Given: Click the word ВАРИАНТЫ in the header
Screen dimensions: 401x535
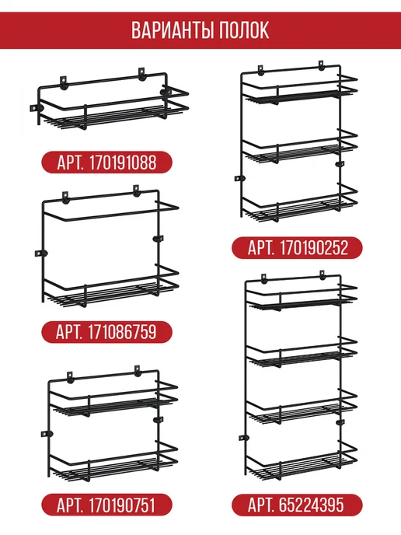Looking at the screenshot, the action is pos(173,30).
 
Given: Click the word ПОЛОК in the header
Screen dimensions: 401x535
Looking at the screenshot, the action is pos(244,30).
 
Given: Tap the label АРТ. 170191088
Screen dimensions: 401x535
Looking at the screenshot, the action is pos(106,163).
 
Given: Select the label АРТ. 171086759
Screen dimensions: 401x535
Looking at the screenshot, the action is pos(106,332).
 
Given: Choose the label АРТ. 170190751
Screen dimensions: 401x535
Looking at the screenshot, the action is pos(106,505).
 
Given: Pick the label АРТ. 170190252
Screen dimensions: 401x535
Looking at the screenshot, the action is pos(297,248).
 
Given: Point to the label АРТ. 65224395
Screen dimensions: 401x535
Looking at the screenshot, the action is pos(297,505).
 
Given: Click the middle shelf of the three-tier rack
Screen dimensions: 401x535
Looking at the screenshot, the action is pos(300,147).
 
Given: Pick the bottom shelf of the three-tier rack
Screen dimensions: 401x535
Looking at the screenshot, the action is pos(300,204).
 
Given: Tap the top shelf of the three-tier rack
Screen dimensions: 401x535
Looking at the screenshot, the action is pos(300,89).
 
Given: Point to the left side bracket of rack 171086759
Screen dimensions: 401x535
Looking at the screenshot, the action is pos(41,254).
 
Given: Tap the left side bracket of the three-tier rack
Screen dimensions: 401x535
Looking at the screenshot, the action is pos(240,178).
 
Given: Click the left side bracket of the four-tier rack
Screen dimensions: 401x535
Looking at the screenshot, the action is pos(244,438).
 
